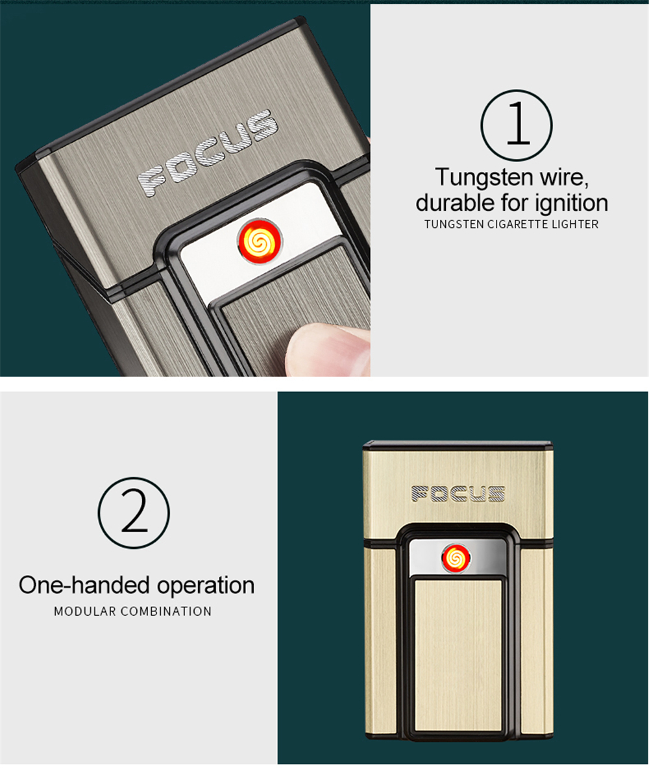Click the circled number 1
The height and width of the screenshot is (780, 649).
click(517, 125)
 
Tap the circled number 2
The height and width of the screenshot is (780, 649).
click(134, 513)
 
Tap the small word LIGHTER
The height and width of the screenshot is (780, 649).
click(574, 225)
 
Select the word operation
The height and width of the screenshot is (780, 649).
click(206, 586)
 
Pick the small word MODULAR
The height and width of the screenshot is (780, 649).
click(85, 611)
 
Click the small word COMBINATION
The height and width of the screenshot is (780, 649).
click(166, 611)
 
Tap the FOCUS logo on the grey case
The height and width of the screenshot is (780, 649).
click(208, 152)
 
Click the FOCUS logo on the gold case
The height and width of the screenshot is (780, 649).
click(458, 493)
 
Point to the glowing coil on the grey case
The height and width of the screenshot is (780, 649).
click(260, 241)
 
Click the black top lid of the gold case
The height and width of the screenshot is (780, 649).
click(458, 444)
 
